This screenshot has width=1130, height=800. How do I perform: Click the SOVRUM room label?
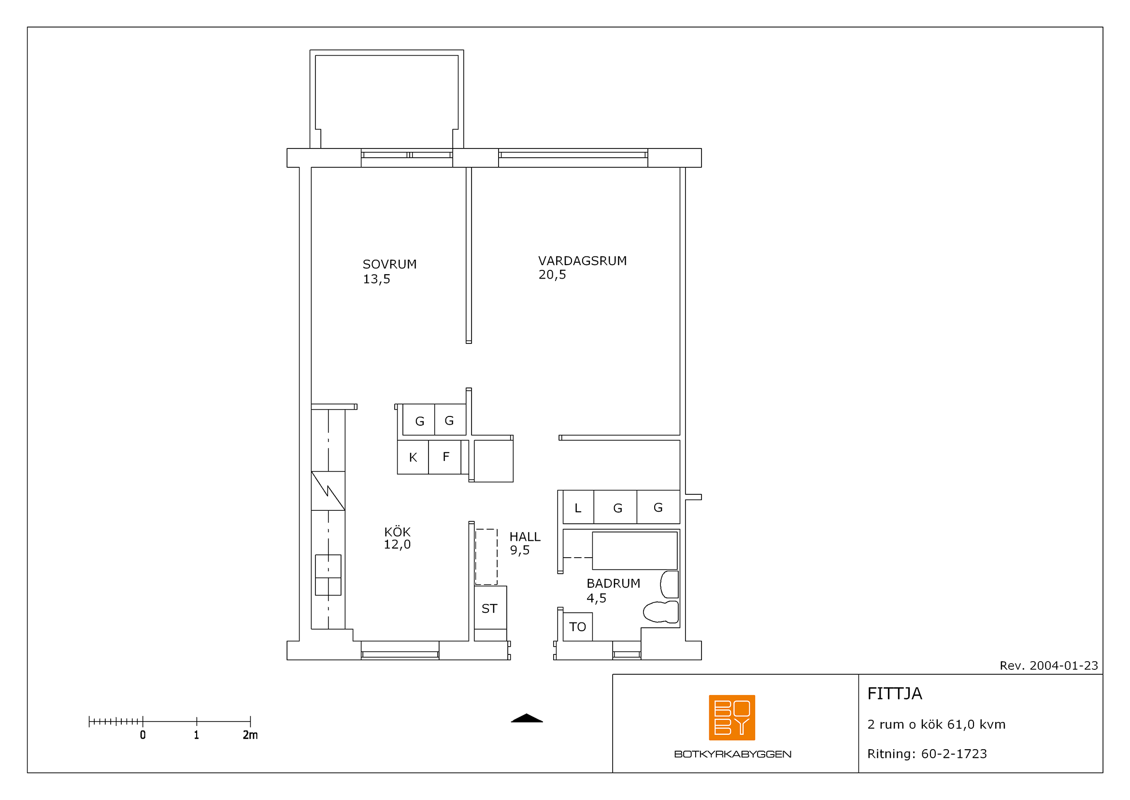(389, 265)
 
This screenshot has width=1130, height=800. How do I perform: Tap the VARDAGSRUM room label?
(582, 261)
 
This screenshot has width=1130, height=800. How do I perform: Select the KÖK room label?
(397, 532)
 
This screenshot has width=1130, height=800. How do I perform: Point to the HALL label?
(525, 537)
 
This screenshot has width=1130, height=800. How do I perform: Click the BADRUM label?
(613, 583)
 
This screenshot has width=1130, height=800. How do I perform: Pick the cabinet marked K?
(413, 457)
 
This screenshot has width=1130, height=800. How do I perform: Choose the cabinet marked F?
(445, 457)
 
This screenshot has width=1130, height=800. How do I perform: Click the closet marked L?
(578, 507)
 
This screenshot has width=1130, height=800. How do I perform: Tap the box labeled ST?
(490, 608)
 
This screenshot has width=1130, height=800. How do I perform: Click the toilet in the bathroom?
(661, 612)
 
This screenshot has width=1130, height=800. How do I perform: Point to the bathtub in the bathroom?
(635, 551)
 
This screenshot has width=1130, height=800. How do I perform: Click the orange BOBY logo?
(732, 718)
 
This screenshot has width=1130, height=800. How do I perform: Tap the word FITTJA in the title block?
(894, 694)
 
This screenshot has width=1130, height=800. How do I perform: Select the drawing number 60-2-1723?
(954, 754)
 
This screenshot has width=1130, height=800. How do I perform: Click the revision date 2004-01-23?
(1063, 666)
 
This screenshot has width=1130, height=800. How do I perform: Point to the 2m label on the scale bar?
(250, 735)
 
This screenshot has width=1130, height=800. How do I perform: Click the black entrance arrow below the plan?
(527, 718)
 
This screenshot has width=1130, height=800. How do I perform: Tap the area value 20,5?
(552, 275)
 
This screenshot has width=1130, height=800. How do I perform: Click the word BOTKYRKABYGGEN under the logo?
(732, 754)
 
